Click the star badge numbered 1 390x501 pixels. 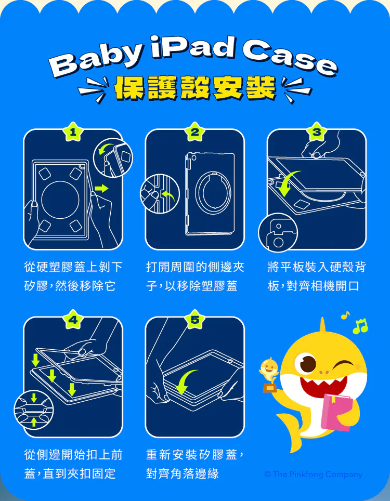[x=73, y=131]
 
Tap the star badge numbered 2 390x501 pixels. [x=194, y=131]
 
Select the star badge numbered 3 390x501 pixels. [x=317, y=131]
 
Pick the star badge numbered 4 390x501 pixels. [x=73, y=320]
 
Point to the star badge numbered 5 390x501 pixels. [x=194, y=320]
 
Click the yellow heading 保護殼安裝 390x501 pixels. [x=195, y=87]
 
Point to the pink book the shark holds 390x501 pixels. [x=336, y=412]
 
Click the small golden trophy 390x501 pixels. [x=269, y=375]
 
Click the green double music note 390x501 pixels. [x=360, y=326]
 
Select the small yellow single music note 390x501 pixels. [x=345, y=315]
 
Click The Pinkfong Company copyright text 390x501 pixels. [x=313, y=474]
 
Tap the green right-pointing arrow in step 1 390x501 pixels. [x=101, y=188]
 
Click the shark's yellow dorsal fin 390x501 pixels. [x=322, y=326]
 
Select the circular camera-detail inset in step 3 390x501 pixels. [x=278, y=233]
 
